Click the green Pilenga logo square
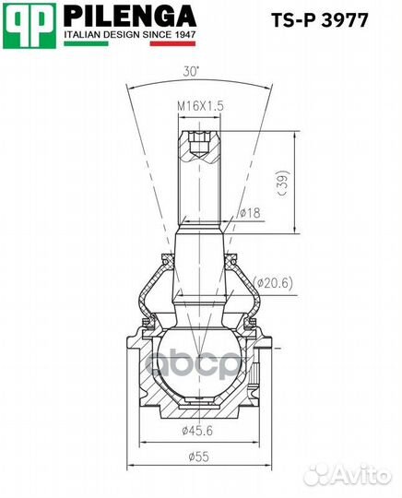coord(31,23)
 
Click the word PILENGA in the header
coord(129,16)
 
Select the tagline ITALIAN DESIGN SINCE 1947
coord(129,34)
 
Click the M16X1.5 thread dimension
coord(201,108)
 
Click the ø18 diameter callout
coord(248,214)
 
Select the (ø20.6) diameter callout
coord(273,282)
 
